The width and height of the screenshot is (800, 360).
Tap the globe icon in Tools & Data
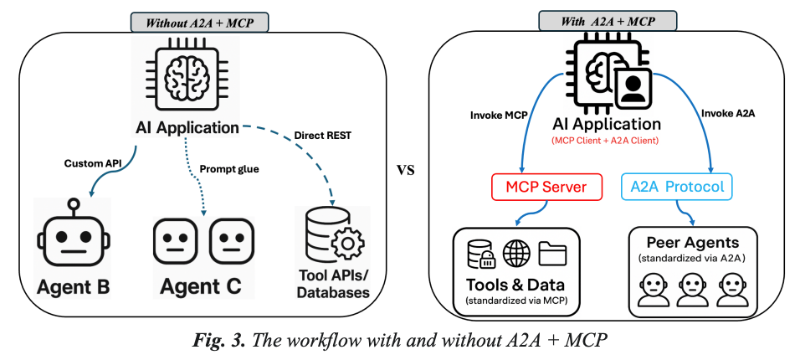pyautogui.click(x=516, y=252)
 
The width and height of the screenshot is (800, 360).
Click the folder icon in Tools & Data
pyautogui.click(x=553, y=252)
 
